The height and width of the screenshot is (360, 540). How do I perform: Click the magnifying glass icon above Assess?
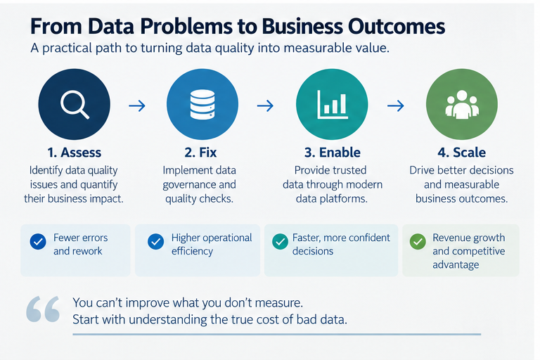(75, 104)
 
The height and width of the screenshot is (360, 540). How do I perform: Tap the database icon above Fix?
(202, 104)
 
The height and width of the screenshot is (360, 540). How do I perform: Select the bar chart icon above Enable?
(333, 104)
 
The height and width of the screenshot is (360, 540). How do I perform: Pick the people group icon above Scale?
(462, 104)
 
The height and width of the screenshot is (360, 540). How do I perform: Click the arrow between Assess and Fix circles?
(137, 105)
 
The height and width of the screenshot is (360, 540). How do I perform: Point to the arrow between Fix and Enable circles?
(265, 105)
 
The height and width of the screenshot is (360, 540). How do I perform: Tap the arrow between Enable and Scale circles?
(396, 105)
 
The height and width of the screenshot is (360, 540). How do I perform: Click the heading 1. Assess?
(75, 153)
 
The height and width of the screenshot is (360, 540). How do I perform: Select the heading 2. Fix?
(200, 153)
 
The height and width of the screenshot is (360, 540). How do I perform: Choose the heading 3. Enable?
(333, 153)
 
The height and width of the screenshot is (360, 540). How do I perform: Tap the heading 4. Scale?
(462, 153)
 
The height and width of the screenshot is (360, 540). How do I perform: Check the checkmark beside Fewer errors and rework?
(38, 241)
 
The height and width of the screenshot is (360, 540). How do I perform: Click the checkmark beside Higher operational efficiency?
(155, 241)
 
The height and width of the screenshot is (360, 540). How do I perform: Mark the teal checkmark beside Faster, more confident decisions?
(281, 241)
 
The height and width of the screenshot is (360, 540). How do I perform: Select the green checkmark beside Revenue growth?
(418, 241)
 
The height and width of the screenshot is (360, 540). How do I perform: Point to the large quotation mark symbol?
(43, 309)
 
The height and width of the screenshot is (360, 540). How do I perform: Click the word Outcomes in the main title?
(397, 27)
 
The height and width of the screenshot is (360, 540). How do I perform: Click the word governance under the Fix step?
(186, 185)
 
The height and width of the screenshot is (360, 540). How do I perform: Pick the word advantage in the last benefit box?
(456, 265)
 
